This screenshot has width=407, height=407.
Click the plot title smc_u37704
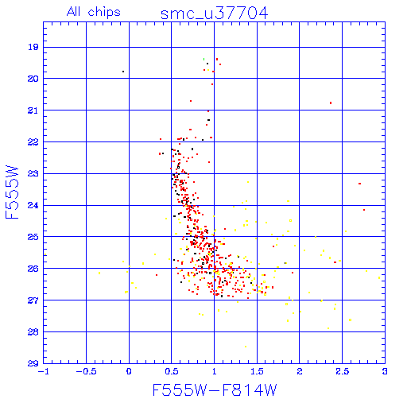pyautogui.click(x=215, y=14)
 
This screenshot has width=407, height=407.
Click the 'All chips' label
pyautogui.click(x=94, y=12)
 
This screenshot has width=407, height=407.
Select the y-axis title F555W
pyautogui.click(x=12, y=192)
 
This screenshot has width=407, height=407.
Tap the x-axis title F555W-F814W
pyautogui.click(x=215, y=390)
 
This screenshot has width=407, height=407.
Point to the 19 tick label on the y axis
pyautogui.click(x=33, y=47)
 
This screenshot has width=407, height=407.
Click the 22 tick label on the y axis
pyautogui.click(x=33, y=142)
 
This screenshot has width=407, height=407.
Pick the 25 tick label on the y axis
pyautogui.click(x=33, y=237)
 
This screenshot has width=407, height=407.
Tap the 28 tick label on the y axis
pyautogui.click(x=33, y=331)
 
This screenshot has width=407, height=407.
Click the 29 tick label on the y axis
pyautogui.click(x=33, y=363)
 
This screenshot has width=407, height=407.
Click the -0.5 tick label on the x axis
pyautogui.click(x=86, y=371)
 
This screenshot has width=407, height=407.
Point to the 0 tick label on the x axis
pyautogui.click(x=129, y=371)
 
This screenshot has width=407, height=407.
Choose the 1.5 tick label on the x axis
pyautogui.click(x=257, y=371)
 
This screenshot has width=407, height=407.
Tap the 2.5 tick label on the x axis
pyautogui.click(x=342, y=371)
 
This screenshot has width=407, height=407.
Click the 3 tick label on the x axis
pyautogui.click(x=385, y=371)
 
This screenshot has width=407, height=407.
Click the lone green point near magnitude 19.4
pyautogui.click(x=203, y=59)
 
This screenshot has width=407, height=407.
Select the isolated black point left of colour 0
pyautogui.click(x=123, y=72)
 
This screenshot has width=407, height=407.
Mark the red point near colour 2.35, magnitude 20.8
pyautogui.click(x=331, y=103)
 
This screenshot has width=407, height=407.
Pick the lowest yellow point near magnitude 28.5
pyautogui.click(x=246, y=347)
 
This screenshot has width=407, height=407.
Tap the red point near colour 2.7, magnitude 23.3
pyautogui.click(x=359, y=184)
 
